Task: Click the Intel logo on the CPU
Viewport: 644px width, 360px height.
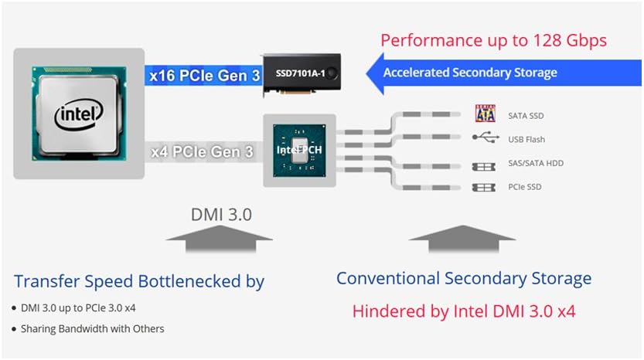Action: pyautogui.click(x=78, y=114)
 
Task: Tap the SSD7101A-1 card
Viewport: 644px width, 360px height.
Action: pyautogui.click(x=302, y=74)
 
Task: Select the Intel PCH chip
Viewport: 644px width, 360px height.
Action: pyautogui.click(x=299, y=150)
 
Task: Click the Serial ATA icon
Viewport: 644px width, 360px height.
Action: pyautogui.click(x=485, y=115)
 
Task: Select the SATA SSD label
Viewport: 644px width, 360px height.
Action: pyautogui.click(x=526, y=116)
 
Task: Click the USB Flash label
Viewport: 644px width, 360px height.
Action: pyautogui.click(x=526, y=140)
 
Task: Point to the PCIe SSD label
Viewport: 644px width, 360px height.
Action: pyautogui.click(x=525, y=188)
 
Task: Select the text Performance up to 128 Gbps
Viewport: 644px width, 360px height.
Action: pyautogui.click(x=493, y=40)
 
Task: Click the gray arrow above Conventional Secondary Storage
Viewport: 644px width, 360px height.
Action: pyautogui.click(x=462, y=243)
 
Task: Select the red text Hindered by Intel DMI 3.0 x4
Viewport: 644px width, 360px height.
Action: pyautogui.click(x=463, y=311)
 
